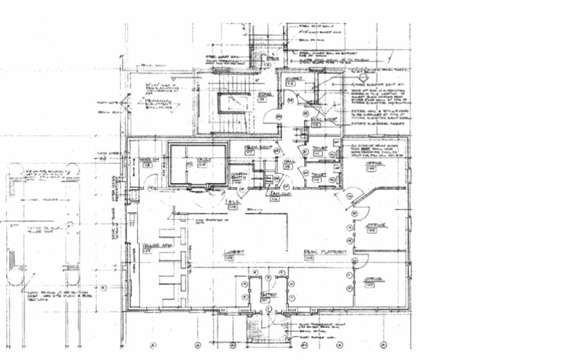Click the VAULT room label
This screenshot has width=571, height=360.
pyautogui.click(x=205, y=160)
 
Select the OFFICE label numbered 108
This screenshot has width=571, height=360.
pyautogui.click(x=375, y=226)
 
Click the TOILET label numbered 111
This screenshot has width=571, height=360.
pyautogui.click(x=320, y=176)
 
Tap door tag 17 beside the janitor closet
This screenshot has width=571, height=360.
pyautogui.click(x=286, y=186)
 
